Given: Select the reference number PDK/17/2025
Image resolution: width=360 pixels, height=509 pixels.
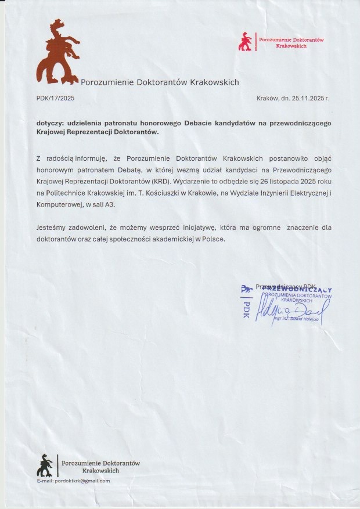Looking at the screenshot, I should click(55, 99).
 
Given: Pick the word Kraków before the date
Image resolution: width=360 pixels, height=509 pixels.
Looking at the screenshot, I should click(268, 99).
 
